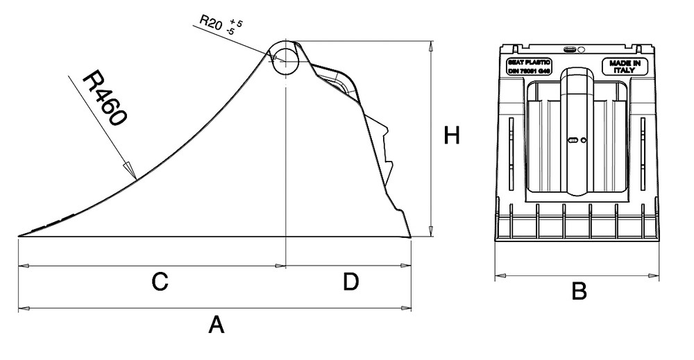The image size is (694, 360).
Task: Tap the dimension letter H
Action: (452, 137)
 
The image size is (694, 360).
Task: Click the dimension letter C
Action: (160, 282)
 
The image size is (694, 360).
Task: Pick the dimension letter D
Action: (350, 282)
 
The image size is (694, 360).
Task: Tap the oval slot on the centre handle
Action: (573, 140)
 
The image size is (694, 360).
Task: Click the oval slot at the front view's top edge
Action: (570, 50)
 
